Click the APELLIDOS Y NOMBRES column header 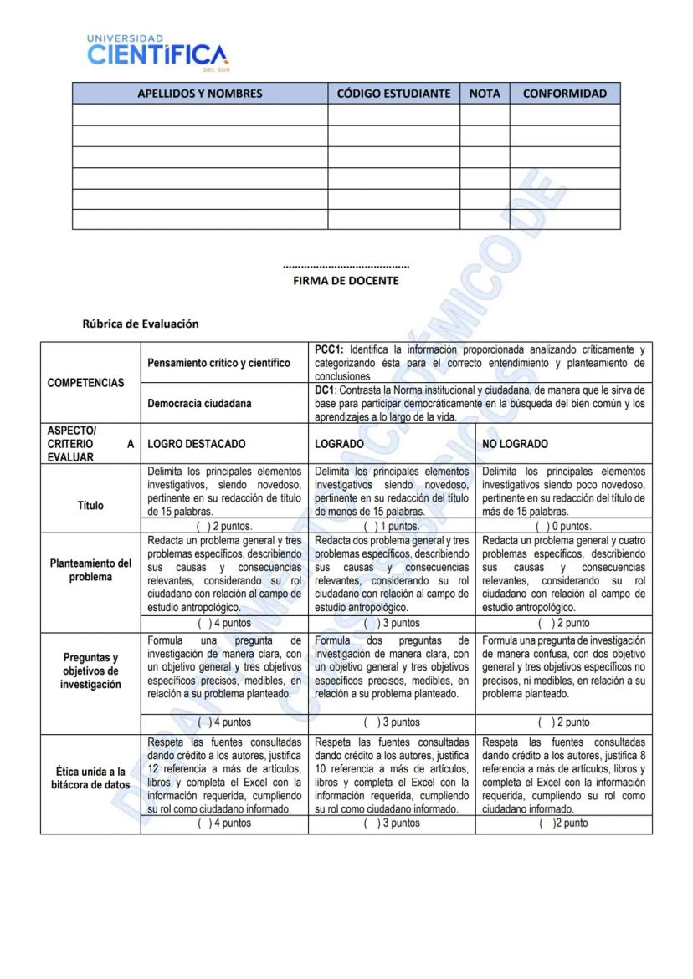point(199,94)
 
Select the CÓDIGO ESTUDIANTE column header point(393,94)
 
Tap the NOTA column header point(485,94)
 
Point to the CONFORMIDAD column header point(565,94)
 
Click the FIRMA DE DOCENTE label point(346,281)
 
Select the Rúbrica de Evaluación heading point(140,324)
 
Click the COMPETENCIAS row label point(85,383)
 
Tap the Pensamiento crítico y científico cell point(218,363)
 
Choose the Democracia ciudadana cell point(199,404)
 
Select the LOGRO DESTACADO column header point(197,444)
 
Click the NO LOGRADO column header point(516,444)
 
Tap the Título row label point(90,505)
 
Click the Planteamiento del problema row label point(90,570)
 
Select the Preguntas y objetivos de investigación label point(90,671)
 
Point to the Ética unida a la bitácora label point(90,778)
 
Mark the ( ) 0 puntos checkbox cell point(563,527)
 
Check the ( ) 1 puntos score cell point(392,527)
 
